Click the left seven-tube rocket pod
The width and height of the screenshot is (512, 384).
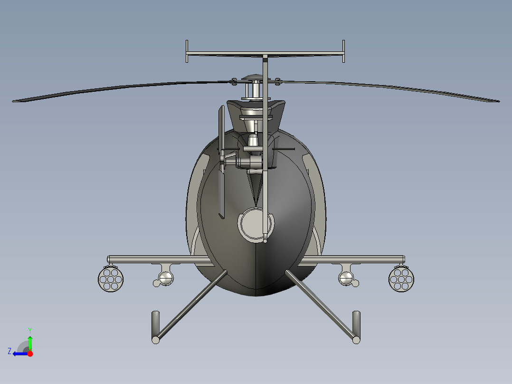111,279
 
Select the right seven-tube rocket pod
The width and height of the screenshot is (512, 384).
401,279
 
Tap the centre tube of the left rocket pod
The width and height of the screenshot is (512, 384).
111,279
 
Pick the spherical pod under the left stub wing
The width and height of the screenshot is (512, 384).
166,278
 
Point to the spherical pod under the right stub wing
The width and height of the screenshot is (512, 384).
347,278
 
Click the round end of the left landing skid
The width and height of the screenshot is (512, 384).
156,339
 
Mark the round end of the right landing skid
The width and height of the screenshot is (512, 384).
356,339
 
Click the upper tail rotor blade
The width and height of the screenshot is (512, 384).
221,128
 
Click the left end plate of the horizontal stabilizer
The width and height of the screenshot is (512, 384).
187,51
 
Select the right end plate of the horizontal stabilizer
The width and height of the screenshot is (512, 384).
343,51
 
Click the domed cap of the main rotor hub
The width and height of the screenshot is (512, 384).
252,77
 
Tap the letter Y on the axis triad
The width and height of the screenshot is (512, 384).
29,330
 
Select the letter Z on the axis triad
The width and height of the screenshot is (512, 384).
9,351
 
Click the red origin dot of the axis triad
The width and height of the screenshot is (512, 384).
30,354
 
